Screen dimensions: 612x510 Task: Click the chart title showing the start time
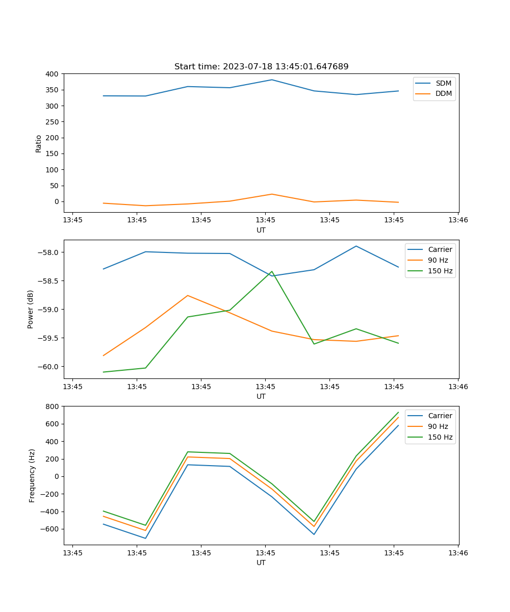click(261, 67)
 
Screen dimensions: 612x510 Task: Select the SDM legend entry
click(443, 83)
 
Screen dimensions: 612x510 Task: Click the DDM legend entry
click(443, 93)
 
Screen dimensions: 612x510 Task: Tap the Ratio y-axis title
click(39, 143)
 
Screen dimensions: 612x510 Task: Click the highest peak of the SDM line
click(272, 80)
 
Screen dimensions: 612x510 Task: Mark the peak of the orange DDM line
click(272, 194)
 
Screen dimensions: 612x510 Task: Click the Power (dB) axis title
click(31, 309)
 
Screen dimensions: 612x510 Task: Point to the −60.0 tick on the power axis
click(49, 367)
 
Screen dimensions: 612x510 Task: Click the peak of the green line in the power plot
click(272, 271)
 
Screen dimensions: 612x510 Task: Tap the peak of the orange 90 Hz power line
click(188, 295)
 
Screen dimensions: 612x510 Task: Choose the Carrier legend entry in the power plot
click(440, 249)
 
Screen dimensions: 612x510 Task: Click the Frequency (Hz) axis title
click(32, 475)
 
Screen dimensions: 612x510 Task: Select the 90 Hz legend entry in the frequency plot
click(438, 426)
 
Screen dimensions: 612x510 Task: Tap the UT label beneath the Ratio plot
click(261, 230)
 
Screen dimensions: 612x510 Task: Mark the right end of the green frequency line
click(398, 412)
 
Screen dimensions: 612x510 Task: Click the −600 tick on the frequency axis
click(51, 529)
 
